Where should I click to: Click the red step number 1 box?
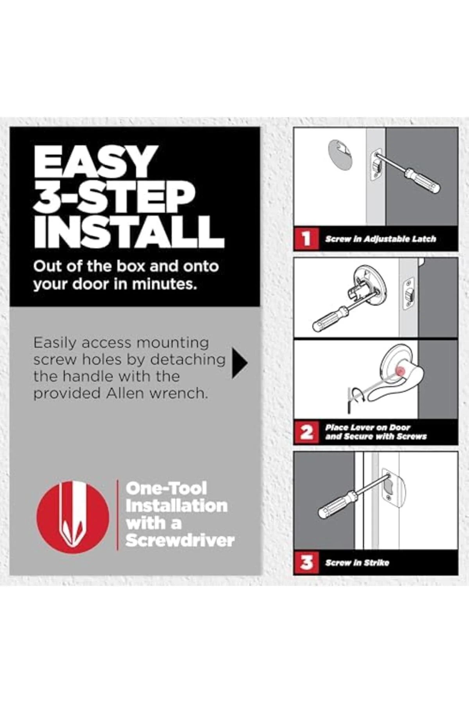tap(306, 238)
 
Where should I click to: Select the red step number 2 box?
tap(306, 432)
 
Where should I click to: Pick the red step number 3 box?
tap(306, 562)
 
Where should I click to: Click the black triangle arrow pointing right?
tap(240, 364)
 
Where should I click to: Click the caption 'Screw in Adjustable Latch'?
tap(380, 239)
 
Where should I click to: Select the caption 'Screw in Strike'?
tap(357, 563)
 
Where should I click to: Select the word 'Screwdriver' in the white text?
tap(180, 541)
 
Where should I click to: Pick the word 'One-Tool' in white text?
tap(166, 489)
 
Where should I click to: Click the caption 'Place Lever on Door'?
tap(367, 427)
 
